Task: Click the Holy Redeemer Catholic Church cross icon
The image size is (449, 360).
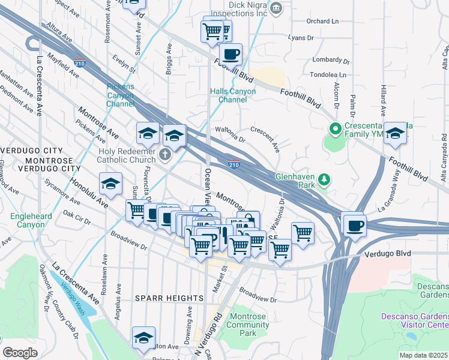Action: [x=166, y=156]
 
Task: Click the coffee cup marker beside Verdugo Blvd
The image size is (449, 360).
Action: [x=354, y=225]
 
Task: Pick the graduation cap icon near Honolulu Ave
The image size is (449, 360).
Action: [x=110, y=185]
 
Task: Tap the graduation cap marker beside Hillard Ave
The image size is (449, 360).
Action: [x=395, y=134]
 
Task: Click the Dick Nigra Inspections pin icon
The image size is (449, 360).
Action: [x=276, y=8]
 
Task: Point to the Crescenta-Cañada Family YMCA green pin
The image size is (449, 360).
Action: [x=334, y=128]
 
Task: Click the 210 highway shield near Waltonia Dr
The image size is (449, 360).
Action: [x=235, y=164]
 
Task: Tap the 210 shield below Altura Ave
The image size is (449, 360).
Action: [x=79, y=62]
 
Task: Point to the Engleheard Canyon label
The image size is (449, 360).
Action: [x=26, y=220]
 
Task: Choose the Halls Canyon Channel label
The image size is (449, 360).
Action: [x=233, y=95]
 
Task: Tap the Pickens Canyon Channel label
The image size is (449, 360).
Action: [x=121, y=95]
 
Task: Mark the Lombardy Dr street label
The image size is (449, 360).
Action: [x=331, y=61]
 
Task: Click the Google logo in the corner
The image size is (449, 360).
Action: [x=20, y=352]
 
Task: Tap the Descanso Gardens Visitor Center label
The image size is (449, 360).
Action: [x=414, y=320]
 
